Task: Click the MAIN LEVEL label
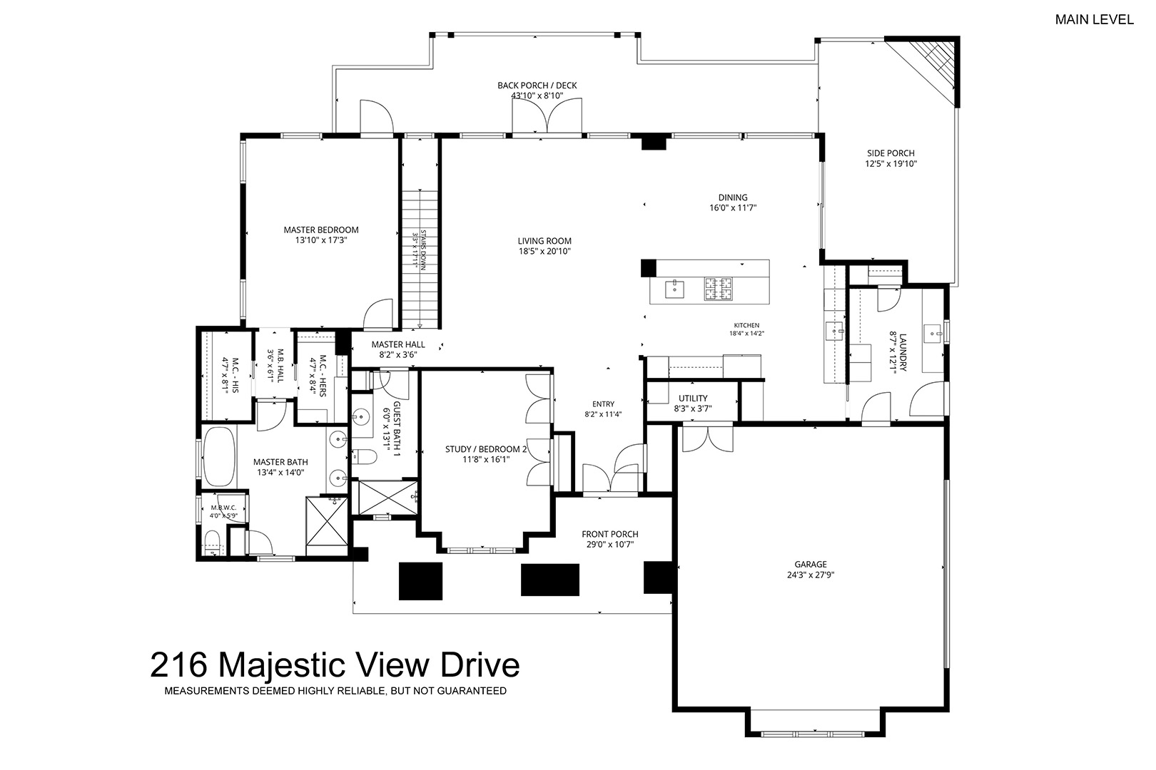click(1094, 19)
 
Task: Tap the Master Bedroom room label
click(321, 230)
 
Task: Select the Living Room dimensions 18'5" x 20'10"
click(544, 252)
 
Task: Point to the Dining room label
click(733, 197)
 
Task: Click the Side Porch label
click(891, 153)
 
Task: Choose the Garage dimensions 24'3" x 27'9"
click(811, 575)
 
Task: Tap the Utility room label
click(693, 399)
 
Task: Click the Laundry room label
click(903, 352)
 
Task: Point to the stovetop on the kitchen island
click(718, 289)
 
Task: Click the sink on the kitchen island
click(674, 289)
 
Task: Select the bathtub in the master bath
click(220, 456)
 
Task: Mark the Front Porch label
click(610, 534)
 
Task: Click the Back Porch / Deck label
click(537, 86)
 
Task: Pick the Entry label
click(603, 404)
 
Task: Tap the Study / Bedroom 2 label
click(486, 449)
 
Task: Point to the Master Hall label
click(398, 344)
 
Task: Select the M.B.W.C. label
click(223, 508)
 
